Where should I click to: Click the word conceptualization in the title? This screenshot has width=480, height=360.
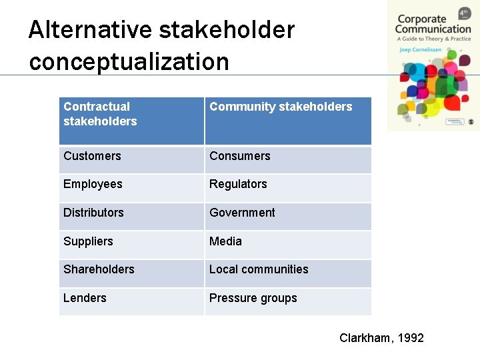129,62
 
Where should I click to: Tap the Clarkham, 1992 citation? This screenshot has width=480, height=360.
381,338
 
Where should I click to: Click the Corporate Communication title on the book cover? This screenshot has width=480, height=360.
433,24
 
